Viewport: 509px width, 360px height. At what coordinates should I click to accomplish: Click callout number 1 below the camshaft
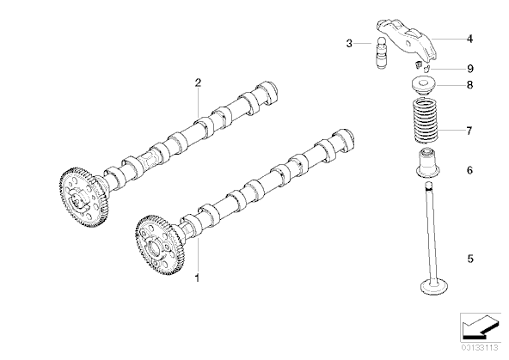pyautogui.click(x=197, y=278)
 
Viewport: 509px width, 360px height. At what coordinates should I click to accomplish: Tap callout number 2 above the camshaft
pyautogui.click(x=198, y=82)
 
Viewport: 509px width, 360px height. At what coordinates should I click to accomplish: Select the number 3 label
pyautogui.click(x=349, y=43)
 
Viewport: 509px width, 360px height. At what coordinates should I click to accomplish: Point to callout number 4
pyautogui.click(x=469, y=39)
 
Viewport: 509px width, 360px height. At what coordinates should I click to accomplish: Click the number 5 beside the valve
pyautogui.click(x=470, y=259)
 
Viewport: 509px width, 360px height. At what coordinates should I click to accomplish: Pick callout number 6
pyautogui.click(x=469, y=170)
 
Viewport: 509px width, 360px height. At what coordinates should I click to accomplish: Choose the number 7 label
pyautogui.click(x=469, y=131)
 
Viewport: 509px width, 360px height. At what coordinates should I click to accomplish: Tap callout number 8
pyautogui.click(x=469, y=85)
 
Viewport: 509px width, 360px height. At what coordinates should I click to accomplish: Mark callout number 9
pyautogui.click(x=470, y=69)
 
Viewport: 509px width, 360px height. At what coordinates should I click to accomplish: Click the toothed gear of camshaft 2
pyautogui.click(x=83, y=197)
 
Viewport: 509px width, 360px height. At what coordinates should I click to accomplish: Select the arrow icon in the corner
pyautogui.click(x=480, y=327)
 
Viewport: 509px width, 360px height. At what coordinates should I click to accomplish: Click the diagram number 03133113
pyautogui.click(x=480, y=348)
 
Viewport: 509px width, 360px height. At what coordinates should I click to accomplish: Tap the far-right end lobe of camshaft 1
pyautogui.click(x=345, y=139)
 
